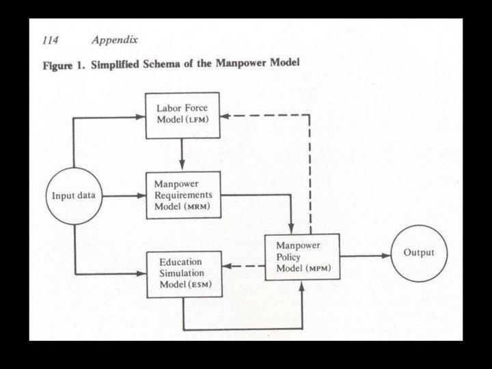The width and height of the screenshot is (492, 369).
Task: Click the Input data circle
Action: point(73,197)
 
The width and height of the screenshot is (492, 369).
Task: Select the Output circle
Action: point(418,254)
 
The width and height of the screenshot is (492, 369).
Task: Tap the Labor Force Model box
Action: point(182,115)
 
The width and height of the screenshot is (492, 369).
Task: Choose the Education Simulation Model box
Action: point(184,274)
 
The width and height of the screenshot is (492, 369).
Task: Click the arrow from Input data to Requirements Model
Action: point(124,197)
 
